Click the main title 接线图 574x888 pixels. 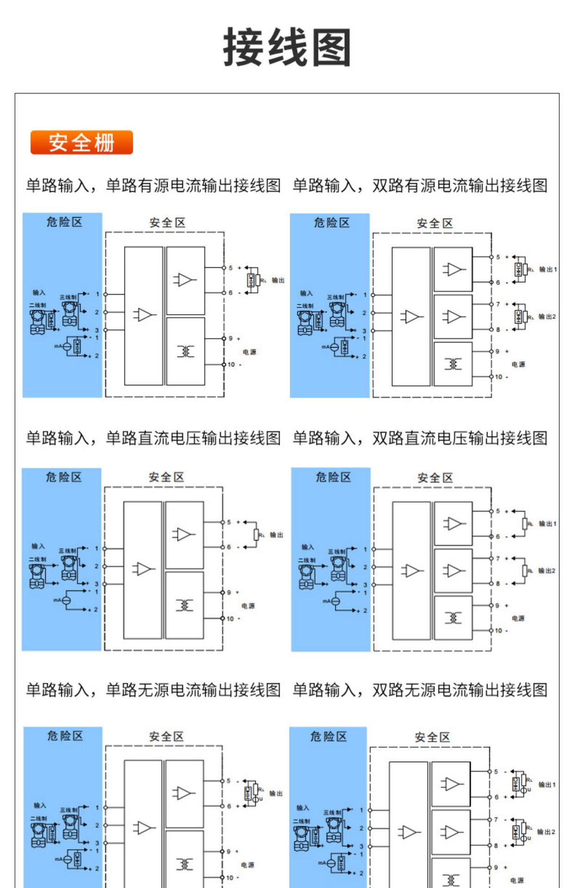tap(287, 47)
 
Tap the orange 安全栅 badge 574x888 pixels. tap(81, 142)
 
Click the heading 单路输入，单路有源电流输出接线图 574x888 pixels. tap(153, 185)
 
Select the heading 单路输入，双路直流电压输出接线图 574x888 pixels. tap(420, 438)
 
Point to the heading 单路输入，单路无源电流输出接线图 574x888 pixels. tap(153, 690)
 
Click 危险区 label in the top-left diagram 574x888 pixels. tap(64, 222)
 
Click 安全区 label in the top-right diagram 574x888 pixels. tap(434, 223)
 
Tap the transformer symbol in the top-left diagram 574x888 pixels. tap(185, 351)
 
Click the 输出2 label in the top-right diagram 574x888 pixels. tap(547, 317)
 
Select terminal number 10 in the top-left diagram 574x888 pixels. tap(231, 364)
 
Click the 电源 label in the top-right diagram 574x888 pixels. tap(518, 364)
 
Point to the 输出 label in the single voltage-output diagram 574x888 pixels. tap(276, 535)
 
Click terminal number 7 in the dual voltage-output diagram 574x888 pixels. tap(498, 559)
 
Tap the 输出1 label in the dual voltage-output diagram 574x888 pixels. tap(547, 524)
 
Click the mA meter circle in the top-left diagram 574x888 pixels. tap(67, 346)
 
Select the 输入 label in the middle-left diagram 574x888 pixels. tap(38, 546)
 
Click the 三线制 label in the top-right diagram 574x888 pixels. tap(335, 297)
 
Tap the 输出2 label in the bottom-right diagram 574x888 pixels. tap(546, 832)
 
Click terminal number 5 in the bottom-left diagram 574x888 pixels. tap(228, 781)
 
